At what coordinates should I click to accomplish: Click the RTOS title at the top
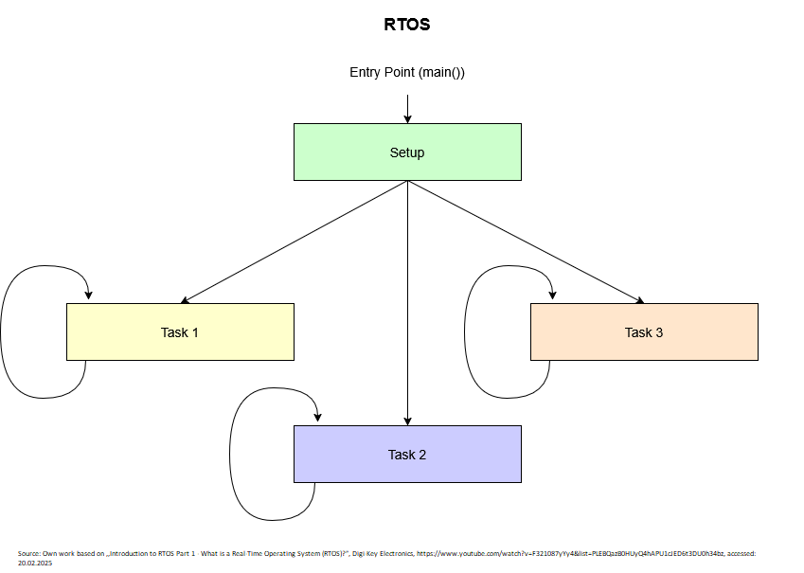407,26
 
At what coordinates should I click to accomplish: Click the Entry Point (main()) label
407,73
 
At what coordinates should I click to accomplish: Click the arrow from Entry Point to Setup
407,106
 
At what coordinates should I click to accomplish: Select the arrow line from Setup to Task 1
294,242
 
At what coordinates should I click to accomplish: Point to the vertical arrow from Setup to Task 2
407,303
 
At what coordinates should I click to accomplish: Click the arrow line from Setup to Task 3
526,242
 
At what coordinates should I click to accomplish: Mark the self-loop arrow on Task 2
231,455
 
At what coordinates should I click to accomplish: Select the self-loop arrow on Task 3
466,331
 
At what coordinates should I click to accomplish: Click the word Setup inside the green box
407,152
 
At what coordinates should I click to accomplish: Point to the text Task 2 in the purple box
407,455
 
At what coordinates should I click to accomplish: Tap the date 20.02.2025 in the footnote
35,563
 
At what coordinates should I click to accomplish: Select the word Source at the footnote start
28,552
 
